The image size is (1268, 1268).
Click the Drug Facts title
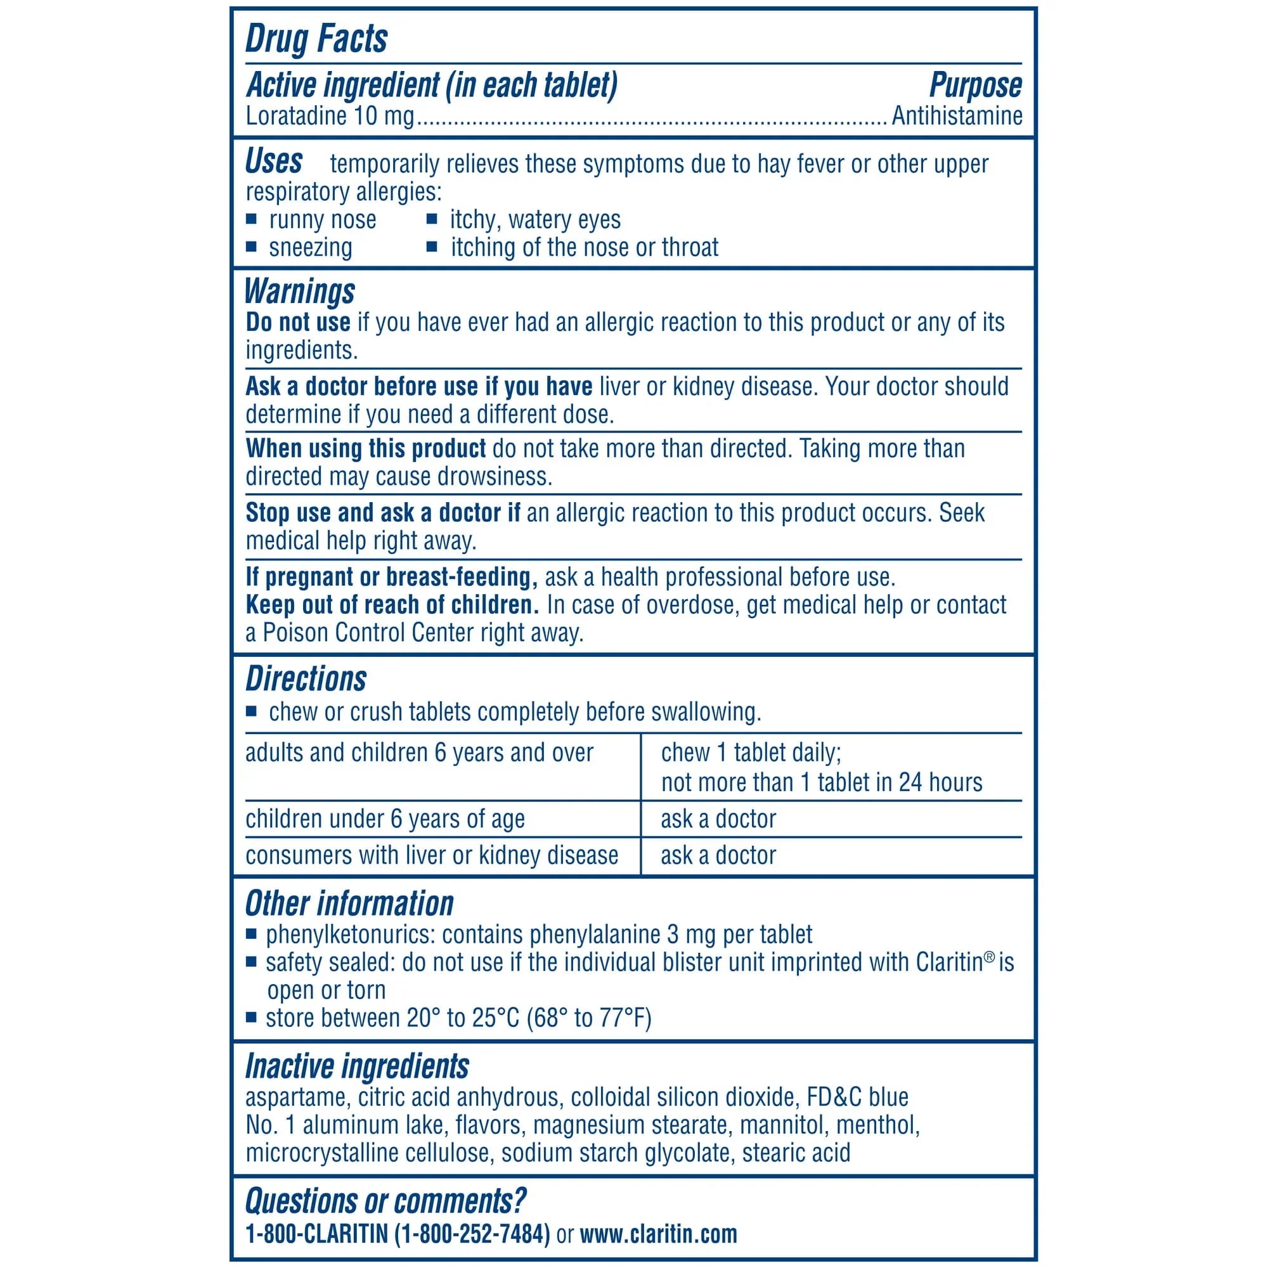(316, 39)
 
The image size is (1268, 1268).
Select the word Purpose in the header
(975, 86)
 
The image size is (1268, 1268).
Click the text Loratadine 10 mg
(330, 116)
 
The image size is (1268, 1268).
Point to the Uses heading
(274, 162)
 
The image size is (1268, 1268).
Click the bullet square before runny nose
(250, 219)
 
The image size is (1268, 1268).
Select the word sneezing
(311, 247)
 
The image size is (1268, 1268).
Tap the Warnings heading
(299, 291)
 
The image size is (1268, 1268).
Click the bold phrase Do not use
(298, 322)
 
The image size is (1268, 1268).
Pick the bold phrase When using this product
(366, 449)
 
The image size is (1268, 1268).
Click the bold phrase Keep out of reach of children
(392, 604)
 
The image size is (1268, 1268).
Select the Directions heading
(306, 678)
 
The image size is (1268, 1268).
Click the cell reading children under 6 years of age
(385, 819)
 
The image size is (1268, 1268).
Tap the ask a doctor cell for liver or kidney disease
(718, 856)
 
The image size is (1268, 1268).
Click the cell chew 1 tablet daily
(751, 753)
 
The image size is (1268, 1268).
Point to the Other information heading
(349, 903)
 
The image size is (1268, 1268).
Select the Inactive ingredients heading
(357, 1066)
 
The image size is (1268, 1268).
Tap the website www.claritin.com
(658, 1234)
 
